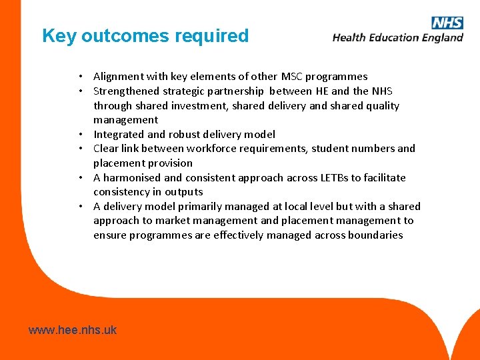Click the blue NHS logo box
(x=447, y=23)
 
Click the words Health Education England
(x=397, y=38)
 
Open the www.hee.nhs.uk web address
(x=72, y=330)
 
